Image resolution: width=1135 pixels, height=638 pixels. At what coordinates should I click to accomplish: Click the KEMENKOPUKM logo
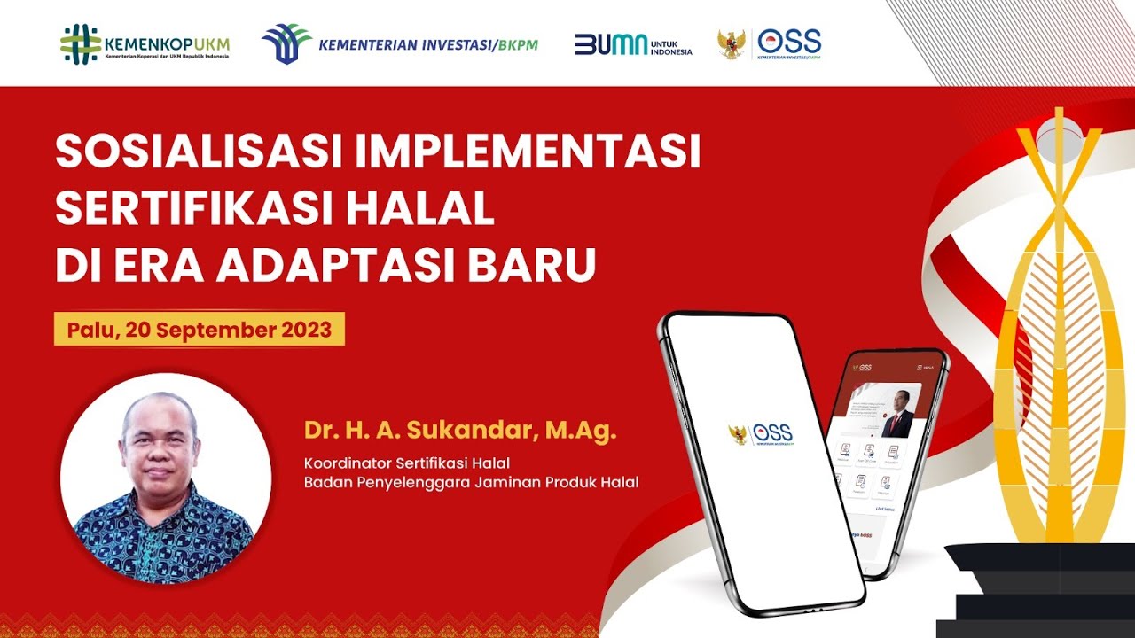(x=145, y=43)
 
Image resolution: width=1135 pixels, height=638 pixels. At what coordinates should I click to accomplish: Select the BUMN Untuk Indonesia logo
(x=632, y=44)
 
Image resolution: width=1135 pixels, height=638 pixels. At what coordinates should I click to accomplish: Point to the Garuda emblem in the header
(x=732, y=44)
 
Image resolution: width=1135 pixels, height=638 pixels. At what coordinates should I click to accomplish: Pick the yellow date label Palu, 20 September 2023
(x=200, y=331)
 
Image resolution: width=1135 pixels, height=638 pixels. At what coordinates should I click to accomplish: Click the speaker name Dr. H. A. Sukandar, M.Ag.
(x=459, y=432)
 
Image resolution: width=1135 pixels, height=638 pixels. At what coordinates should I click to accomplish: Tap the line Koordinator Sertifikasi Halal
(x=407, y=463)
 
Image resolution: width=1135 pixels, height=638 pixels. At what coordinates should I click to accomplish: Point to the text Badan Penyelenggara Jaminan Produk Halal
(x=471, y=482)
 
